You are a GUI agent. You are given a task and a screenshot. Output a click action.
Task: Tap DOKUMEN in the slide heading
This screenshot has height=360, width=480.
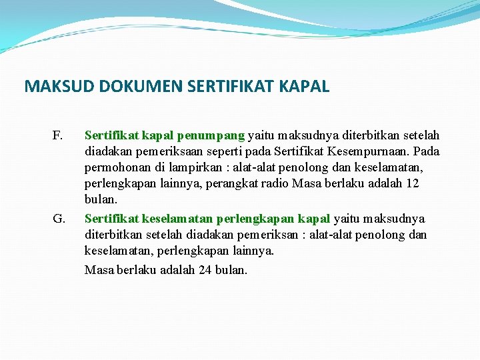click(127, 87)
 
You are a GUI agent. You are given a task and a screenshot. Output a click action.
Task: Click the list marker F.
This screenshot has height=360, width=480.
click(57, 136)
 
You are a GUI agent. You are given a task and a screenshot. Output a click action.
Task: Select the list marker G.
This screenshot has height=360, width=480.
click(58, 219)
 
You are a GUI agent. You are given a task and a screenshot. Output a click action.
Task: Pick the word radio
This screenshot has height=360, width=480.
click(275, 183)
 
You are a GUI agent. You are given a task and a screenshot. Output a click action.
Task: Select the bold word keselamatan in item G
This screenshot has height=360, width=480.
click(177, 219)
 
